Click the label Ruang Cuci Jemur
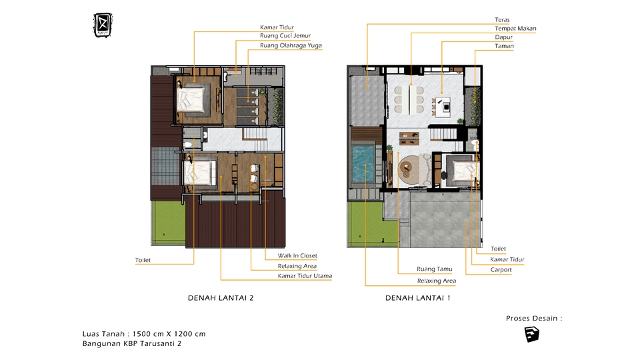[285, 36]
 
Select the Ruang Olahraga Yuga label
[291, 46]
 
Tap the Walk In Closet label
[297, 255]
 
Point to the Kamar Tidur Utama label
[305, 275]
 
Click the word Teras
[503, 20]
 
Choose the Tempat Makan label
[515, 29]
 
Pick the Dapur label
[504, 37]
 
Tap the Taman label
[505, 46]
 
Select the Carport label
[501, 270]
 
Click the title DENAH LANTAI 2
[221, 298]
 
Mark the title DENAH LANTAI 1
[417, 298]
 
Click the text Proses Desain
[533, 318]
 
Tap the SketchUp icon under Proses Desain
[532, 334]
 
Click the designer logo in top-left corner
[102, 25]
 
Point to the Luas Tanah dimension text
[144, 333]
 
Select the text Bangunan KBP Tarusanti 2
[132, 344]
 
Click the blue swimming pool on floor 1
[364, 165]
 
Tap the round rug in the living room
[413, 169]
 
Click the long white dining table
[412, 97]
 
